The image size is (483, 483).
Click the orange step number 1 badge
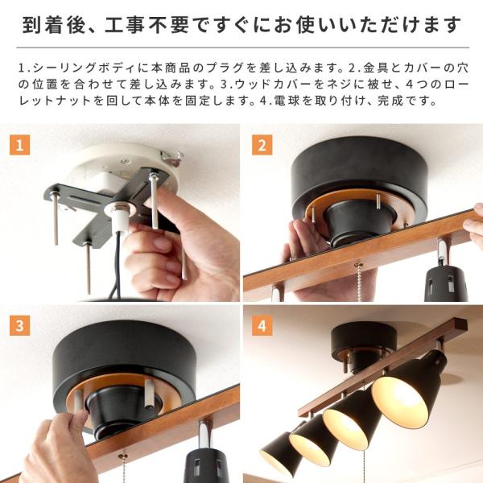19,145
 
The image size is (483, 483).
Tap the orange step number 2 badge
262,145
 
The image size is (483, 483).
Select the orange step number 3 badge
19,325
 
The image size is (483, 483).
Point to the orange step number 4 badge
262,325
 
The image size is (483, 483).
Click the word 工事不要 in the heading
147,25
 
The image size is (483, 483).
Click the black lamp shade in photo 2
445,283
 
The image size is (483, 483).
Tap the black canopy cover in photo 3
124,354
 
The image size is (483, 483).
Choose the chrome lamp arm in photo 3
204,436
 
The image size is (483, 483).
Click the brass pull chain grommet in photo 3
123,456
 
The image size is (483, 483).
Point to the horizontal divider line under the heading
243,47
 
